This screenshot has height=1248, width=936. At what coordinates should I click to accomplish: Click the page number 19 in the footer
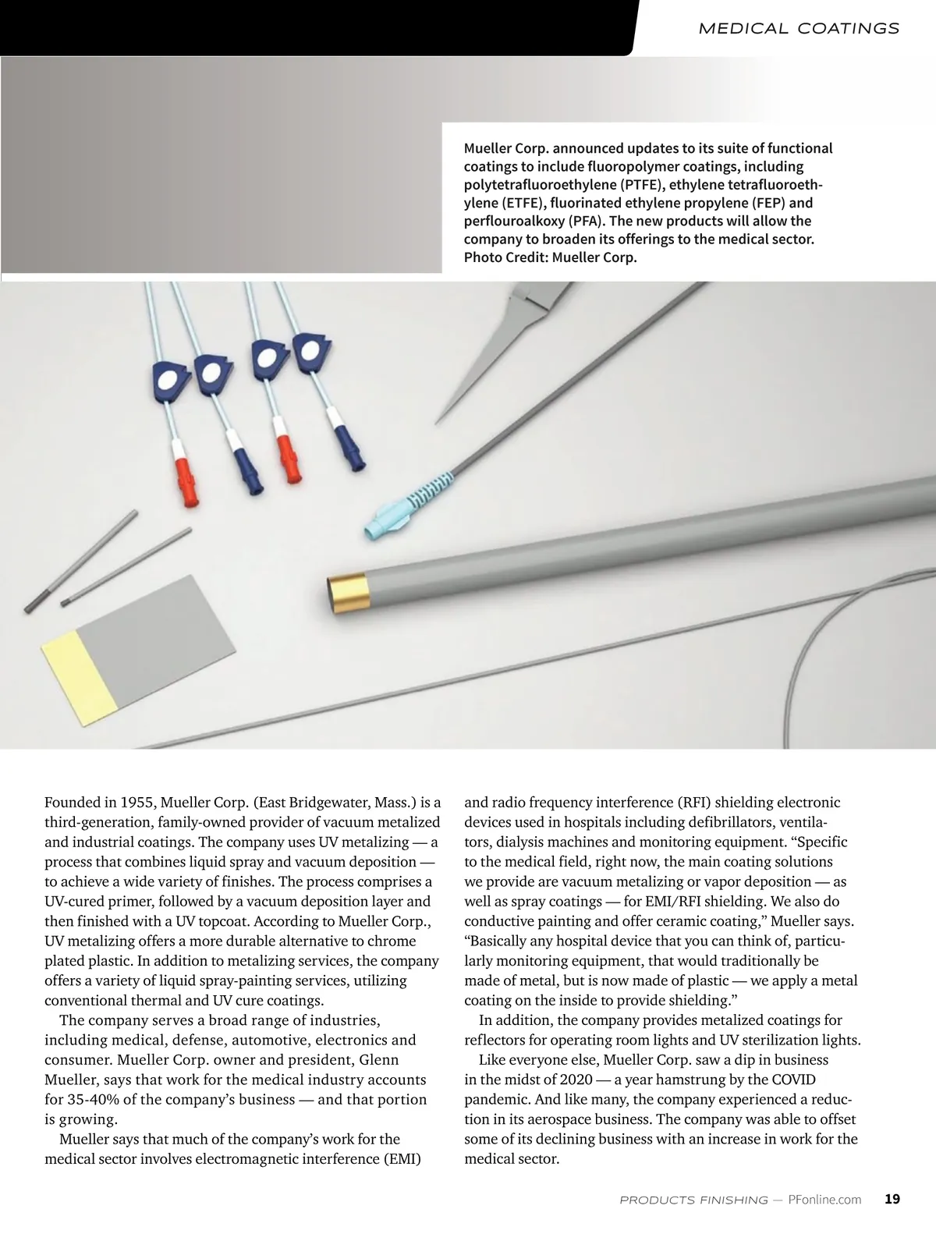892,1199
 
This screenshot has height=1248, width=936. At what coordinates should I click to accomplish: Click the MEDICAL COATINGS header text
799,29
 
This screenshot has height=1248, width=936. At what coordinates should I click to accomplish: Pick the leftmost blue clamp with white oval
168,380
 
